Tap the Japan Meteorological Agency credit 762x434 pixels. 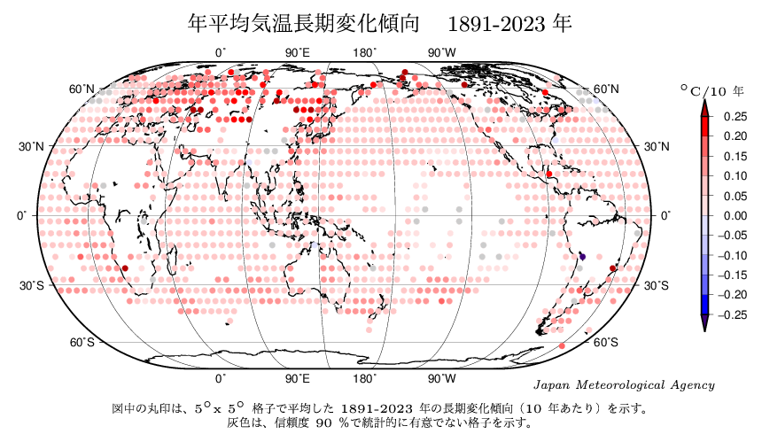[626, 385]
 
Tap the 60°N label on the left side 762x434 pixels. [82, 89]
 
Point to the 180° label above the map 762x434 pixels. [364, 53]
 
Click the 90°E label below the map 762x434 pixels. [298, 379]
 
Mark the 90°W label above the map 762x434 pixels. [442, 53]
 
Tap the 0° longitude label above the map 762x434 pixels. [221, 53]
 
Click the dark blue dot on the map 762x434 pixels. [582, 256]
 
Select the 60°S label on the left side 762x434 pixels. [82, 343]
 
